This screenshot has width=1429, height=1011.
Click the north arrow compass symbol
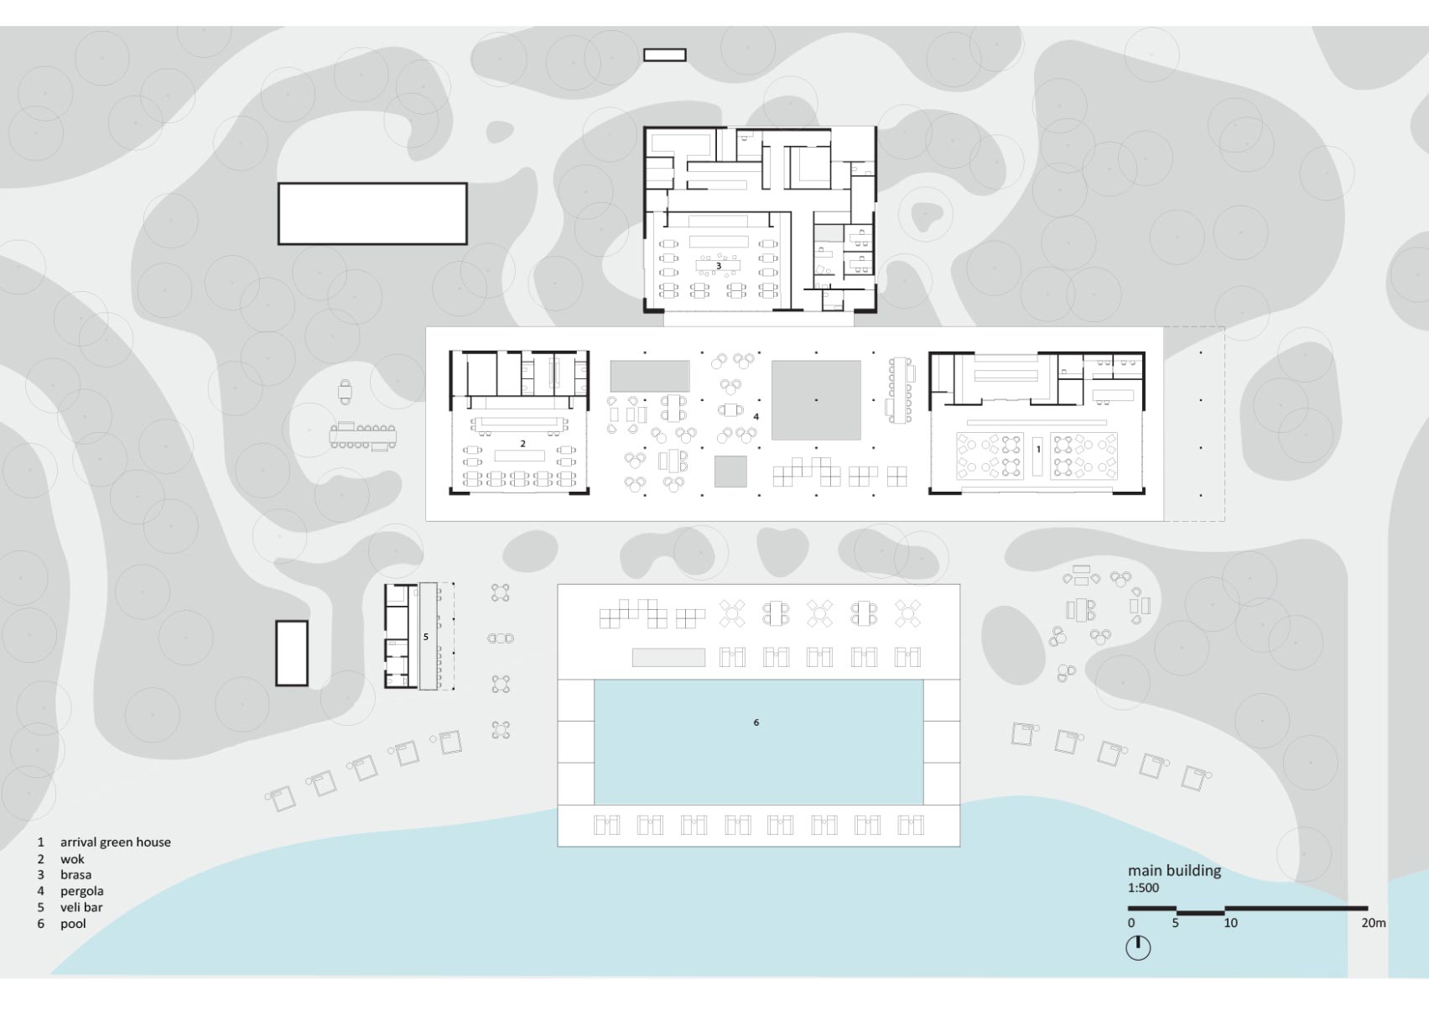(1137, 948)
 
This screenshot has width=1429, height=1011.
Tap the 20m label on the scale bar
(1374, 923)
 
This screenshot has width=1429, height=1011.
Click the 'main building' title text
(1174, 871)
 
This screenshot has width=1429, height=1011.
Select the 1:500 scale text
(1143, 888)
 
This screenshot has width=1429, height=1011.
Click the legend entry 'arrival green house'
(116, 842)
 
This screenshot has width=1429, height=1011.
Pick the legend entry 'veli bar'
(81, 907)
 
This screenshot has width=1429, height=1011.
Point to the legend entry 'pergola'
(81, 891)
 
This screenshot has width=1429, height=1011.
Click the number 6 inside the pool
(756, 722)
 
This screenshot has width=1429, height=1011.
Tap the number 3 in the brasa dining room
(719, 265)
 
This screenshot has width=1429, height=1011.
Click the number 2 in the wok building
(522, 444)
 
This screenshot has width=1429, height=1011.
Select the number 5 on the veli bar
(425, 637)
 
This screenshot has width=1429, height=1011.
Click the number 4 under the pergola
(756, 417)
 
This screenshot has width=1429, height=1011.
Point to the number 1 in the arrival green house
(1038, 450)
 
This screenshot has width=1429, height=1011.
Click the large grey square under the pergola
(816, 400)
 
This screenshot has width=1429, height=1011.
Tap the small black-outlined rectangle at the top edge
(665, 55)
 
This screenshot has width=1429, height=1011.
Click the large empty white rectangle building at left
(372, 214)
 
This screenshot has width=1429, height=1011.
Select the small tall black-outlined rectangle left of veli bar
(292, 653)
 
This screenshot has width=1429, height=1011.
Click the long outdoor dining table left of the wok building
(362, 436)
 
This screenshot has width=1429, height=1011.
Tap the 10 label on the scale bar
(1230, 923)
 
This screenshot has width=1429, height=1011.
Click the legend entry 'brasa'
(76, 875)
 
